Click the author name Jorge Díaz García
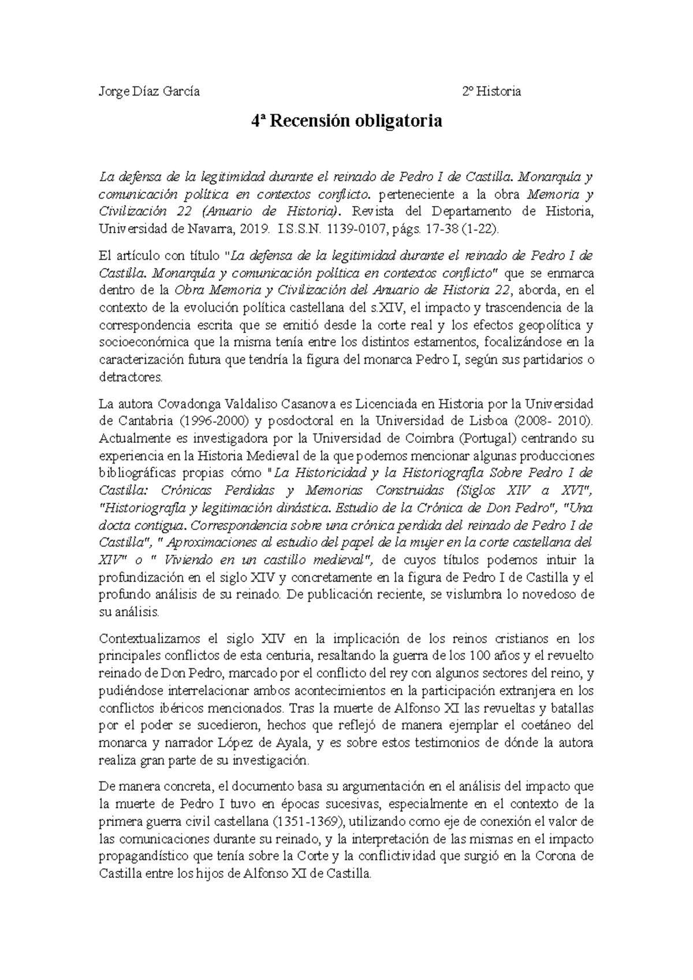pyautogui.click(x=150, y=91)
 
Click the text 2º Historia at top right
pyautogui.click(x=491, y=91)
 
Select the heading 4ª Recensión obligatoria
pyautogui.click(x=346, y=121)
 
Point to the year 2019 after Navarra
pyautogui.click(x=255, y=229)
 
